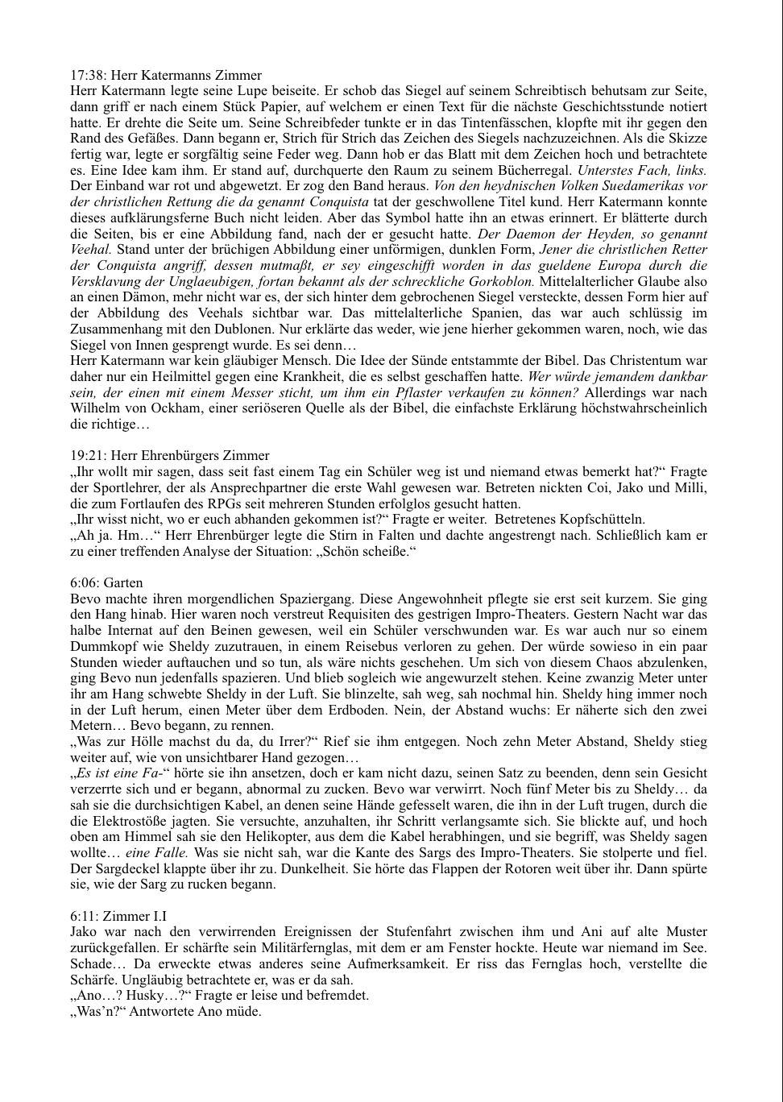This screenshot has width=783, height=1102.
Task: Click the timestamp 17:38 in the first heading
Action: pyautogui.click(x=86, y=76)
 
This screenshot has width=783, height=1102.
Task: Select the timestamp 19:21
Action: pyautogui.click(x=86, y=456)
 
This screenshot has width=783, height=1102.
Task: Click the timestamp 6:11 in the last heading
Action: pyautogui.click(x=83, y=916)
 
